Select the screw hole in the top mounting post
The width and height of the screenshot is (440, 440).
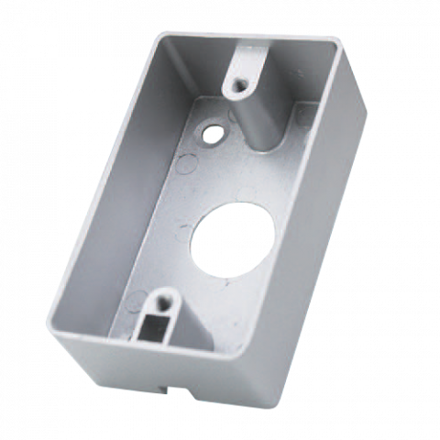(240, 85)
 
